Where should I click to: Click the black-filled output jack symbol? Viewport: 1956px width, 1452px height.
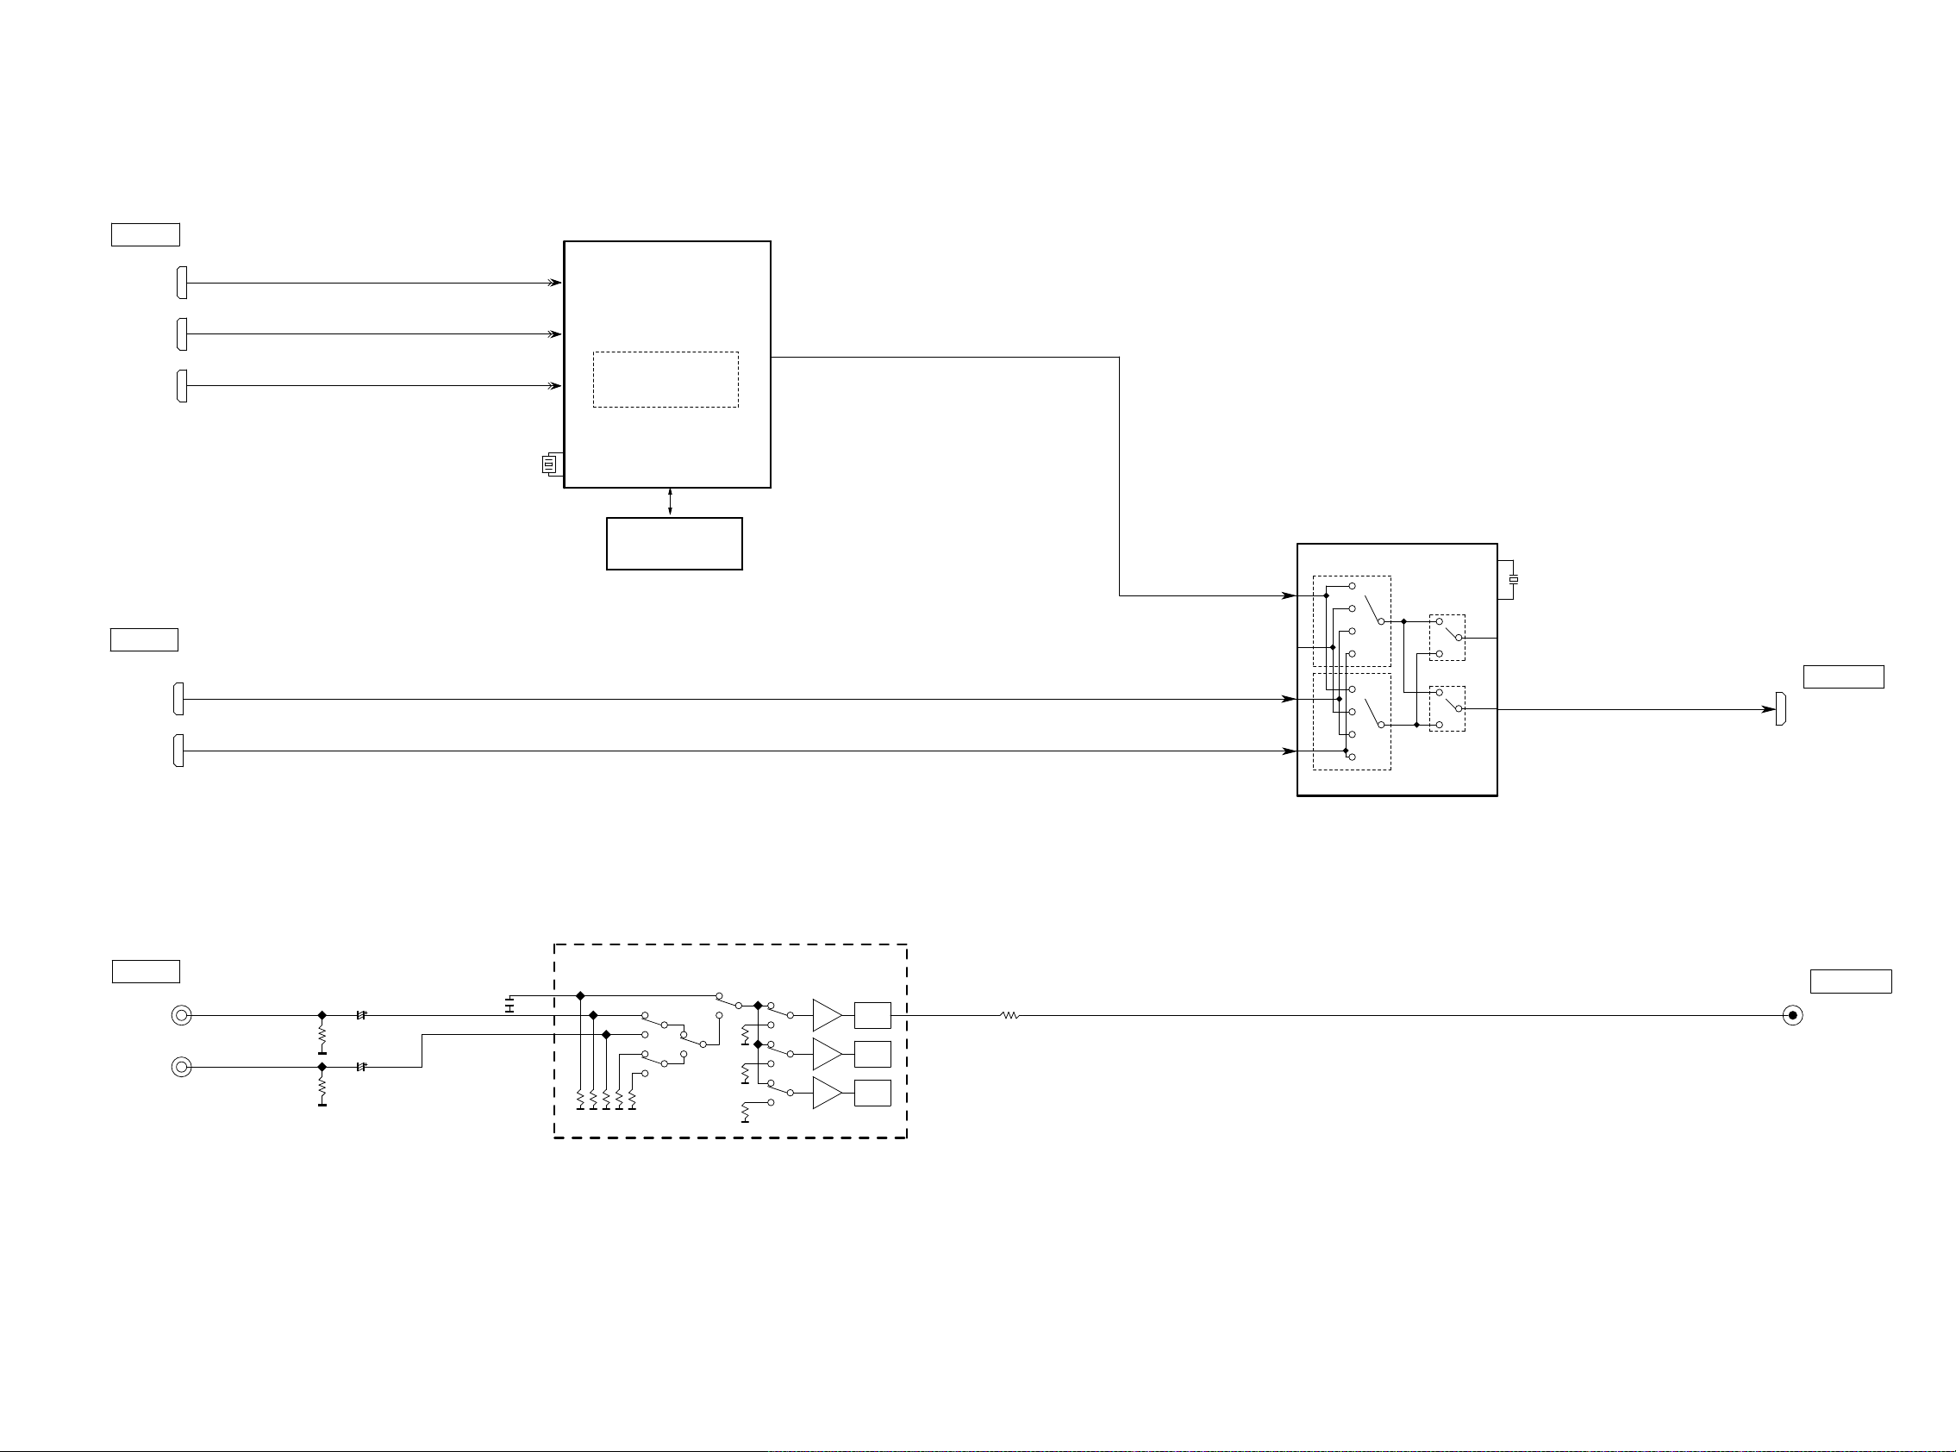click(1792, 1016)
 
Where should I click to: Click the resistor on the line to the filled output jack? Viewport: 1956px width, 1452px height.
click(1010, 1016)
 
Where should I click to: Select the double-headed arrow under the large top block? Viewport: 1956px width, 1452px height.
click(670, 502)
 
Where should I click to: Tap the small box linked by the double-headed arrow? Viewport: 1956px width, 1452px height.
click(673, 543)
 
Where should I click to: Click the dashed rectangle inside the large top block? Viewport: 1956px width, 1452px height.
click(666, 380)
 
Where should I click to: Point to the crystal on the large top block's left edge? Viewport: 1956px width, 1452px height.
click(550, 464)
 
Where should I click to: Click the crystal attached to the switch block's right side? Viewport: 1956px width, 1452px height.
click(1513, 579)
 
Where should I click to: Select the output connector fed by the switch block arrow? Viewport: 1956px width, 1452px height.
click(1780, 709)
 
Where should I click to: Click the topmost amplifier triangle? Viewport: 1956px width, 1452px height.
click(827, 1015)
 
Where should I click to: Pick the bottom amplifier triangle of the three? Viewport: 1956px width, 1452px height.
click(827, 1093)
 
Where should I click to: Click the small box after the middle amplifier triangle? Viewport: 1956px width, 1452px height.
click(872, 1054)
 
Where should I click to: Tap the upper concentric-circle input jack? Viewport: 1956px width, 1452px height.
click(181, 1016)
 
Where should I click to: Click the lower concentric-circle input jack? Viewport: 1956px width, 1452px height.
click(181, 1067)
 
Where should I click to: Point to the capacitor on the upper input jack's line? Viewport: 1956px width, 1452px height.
click(360, 1015)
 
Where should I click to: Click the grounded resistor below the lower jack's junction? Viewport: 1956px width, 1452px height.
click(322, 1090)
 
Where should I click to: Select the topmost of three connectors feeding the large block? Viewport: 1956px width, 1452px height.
click(182, 283)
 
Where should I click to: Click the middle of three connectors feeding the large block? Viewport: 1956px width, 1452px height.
click(182, 334)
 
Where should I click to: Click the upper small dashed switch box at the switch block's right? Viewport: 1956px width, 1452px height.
click(1447, 637)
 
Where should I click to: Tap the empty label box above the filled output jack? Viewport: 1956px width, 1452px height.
click(1851, 981)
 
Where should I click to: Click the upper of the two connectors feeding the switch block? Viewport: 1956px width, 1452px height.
click(179, 699)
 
